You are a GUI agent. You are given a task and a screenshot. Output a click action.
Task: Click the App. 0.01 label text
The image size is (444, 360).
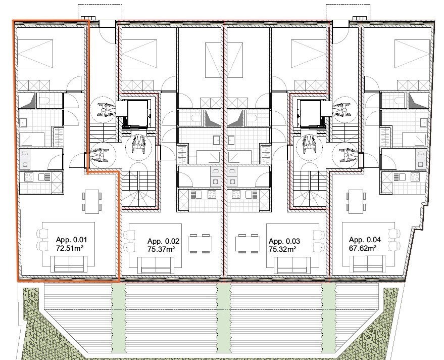click(71, 240)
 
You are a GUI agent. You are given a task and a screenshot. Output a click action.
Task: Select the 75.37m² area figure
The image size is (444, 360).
click(161, 249)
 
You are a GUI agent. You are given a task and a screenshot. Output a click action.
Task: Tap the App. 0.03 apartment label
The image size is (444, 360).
click(284, 241)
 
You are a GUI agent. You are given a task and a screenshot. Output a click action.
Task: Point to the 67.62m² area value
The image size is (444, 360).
click(363, 248)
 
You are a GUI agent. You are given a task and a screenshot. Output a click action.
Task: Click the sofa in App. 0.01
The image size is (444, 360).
click(69, 263)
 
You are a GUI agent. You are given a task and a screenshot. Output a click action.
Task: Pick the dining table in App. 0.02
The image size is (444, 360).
click(200, 244)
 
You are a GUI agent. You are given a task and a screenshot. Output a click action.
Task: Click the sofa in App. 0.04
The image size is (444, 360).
click(368, 263)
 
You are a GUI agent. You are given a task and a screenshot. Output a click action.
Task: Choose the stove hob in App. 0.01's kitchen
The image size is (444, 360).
click(29, 177)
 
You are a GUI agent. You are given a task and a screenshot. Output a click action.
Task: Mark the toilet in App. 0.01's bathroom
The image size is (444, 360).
click(43, 100)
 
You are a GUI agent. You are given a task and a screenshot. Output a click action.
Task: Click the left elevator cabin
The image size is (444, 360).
click(137, 113)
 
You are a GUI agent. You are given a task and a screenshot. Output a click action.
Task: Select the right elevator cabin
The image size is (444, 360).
click(310, 113)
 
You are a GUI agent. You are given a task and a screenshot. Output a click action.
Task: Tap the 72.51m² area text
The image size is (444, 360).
click(70, 248)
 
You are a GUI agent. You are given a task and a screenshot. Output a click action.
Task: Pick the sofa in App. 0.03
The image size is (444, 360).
click(292, 265)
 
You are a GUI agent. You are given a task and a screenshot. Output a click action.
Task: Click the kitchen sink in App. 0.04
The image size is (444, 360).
click(400, 177)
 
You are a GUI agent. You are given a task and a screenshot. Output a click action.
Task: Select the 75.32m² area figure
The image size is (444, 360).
click(282, 249)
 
